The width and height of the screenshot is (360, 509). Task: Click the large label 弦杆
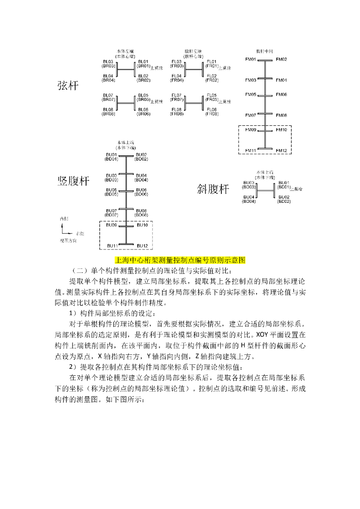pyautogui.click(x=68, y=85)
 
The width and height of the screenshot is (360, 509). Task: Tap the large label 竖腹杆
pyautogui.click(x=74, y=181)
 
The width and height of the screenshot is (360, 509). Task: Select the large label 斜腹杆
pyautogui.click(x=213, y=189)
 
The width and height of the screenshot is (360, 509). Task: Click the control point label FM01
pyautogui.click(x=251, y=60)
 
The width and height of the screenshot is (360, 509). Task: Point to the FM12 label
pyautogui.click(x=281, y=151)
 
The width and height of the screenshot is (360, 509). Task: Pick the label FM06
pyautogui.click(x=281, y=94)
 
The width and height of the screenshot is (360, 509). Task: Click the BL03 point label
pyautogui.click(x=108, y=61)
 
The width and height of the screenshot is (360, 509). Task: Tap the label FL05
pyautogui.click(x=212, y=95)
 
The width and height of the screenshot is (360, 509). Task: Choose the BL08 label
pyautogui.click(x=108, y=109)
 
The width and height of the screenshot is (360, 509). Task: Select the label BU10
pyautogui.click(x=142, y=225)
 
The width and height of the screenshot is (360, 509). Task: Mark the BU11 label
pyautogui.click(x=112, y=246)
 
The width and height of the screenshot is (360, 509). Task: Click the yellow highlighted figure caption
pyautogui.click(x=180, y=260)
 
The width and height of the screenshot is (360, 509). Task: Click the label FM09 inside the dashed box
pyautogui.click(x=251, y=130)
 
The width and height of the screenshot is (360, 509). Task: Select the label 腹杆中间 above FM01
pyautogui.click(x=265, y=51)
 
